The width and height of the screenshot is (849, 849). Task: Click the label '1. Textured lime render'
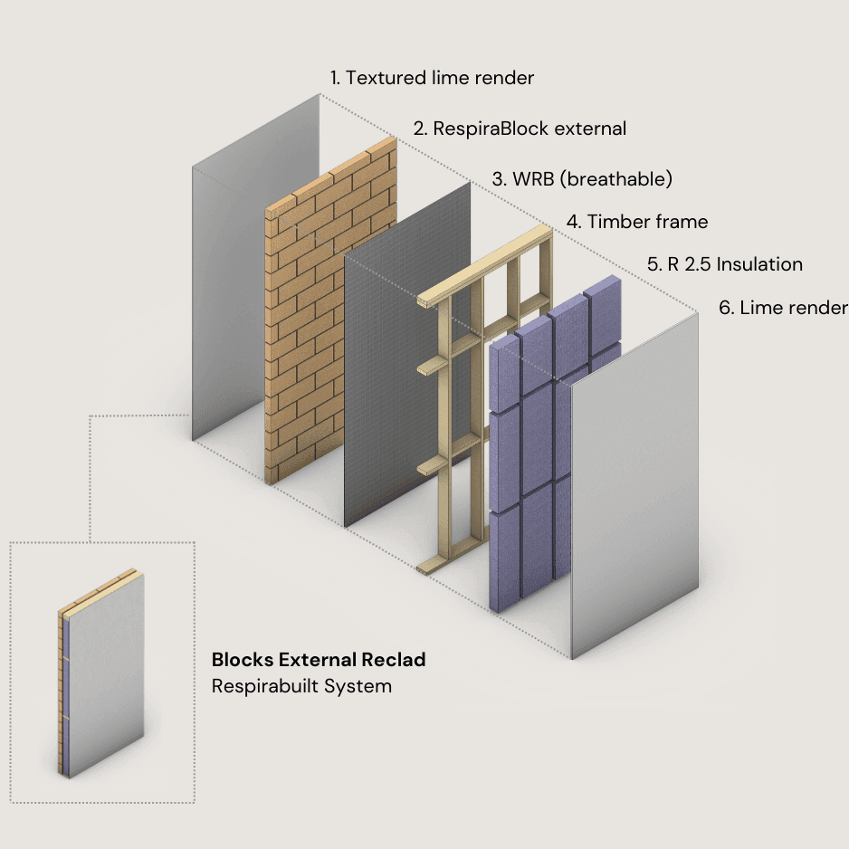pyautogui.click(x=432, y=78)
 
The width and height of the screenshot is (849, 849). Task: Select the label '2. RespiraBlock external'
pyautogui.click(x=520, y=129)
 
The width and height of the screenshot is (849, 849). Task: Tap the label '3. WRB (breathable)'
pyautogui.click(x=582, y=178)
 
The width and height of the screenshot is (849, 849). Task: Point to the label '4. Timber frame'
pyautogui.click(x=637, y=222)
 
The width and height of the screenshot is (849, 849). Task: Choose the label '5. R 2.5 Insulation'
pyautogui.click(x=724, y=264)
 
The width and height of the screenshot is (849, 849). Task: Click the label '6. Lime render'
pyautogui.click(x=783, y=308)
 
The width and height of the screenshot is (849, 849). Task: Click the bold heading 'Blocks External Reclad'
pyautogui.click(x=319, y=659)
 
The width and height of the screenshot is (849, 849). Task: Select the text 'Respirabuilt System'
pyautogui.click(x=301, y=686)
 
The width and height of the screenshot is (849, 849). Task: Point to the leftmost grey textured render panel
pyautogui.click(x=226, y=272)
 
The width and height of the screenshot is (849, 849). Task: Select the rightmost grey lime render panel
pyautogui.click(x=634, y=489)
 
